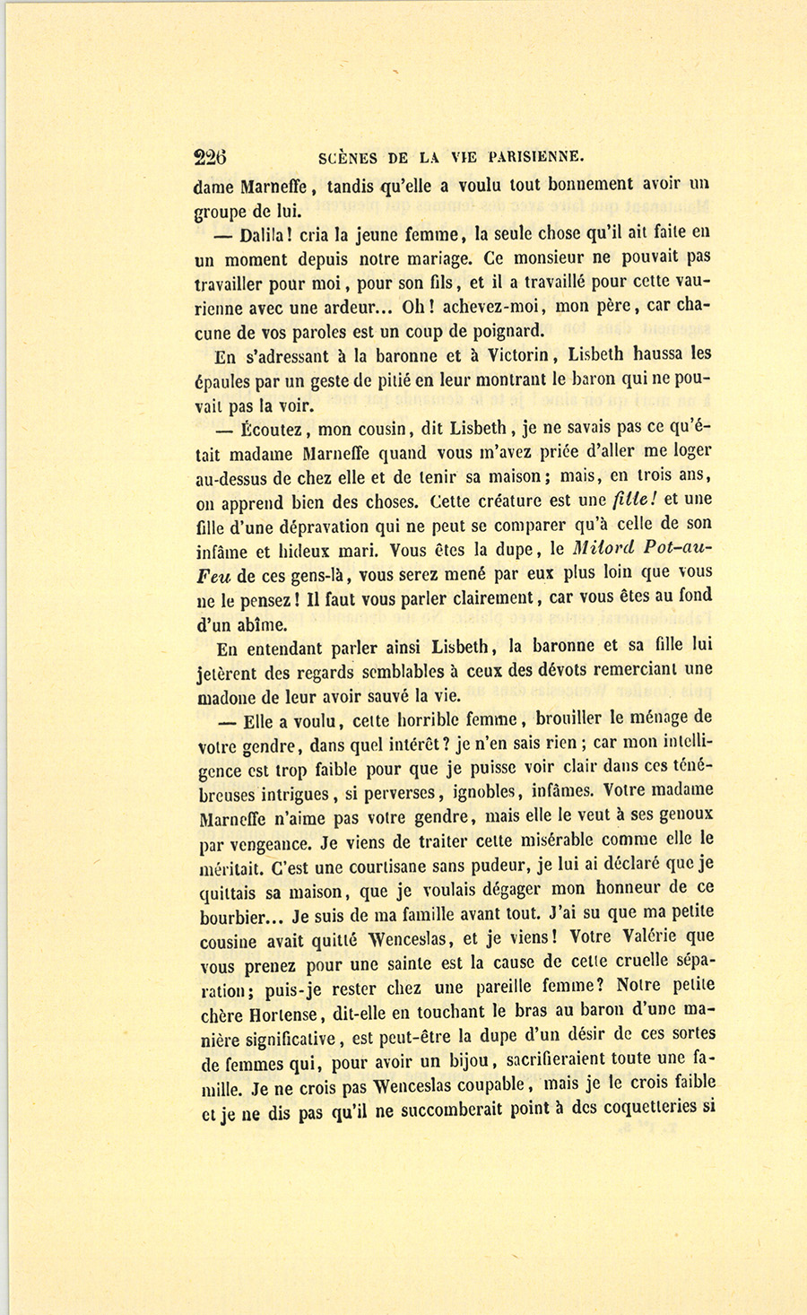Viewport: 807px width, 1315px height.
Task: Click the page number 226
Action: click(211, 158)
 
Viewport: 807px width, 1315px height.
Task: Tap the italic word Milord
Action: click(604, 549)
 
